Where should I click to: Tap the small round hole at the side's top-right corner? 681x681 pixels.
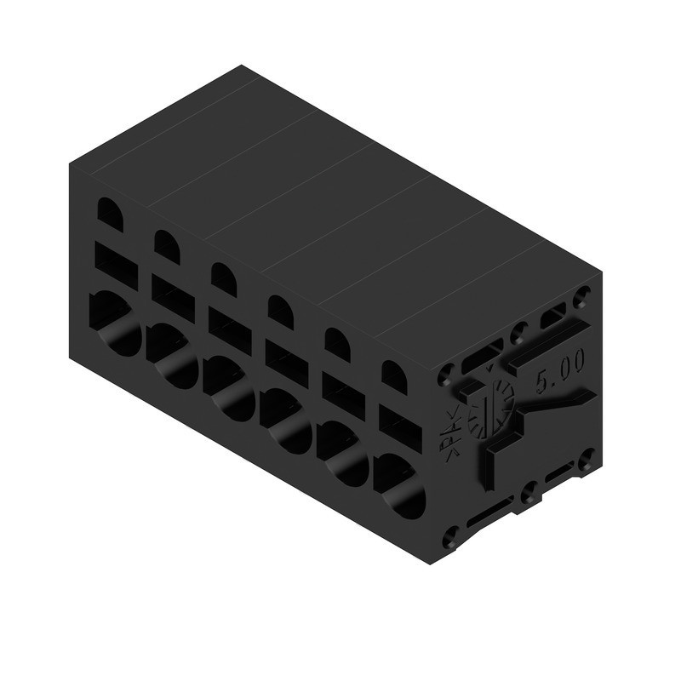583,299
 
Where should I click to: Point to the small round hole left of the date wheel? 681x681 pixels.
447,372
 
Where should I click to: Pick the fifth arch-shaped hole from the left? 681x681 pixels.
337,344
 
